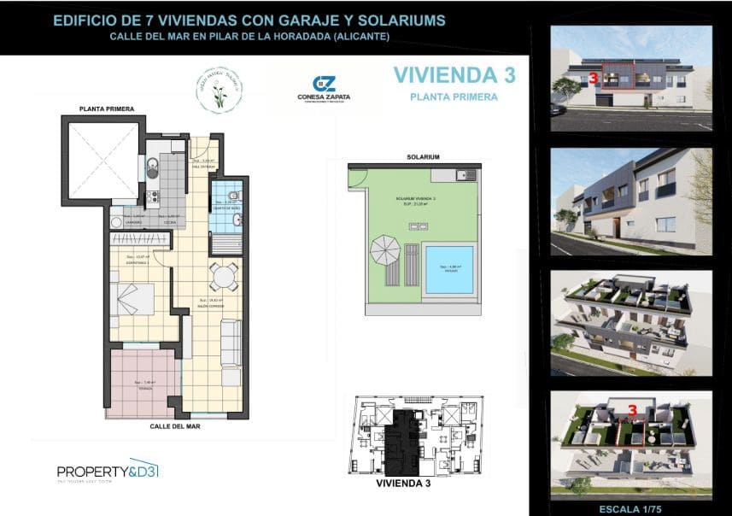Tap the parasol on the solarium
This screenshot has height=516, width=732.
[384, 250]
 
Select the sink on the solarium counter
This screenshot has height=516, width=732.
[461, 176]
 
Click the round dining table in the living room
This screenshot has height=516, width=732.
[224, 276]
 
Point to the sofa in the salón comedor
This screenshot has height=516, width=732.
[231, 351]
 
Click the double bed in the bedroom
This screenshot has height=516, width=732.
[132, 298]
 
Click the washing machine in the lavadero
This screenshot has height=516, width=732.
[116, 220]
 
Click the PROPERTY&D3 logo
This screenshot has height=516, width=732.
[108, 472]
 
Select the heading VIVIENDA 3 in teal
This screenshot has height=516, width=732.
[454, 75]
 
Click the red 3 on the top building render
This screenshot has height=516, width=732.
[593, 78]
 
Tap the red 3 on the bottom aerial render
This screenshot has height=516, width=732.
[633, 410]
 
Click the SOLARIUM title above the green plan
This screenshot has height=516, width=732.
[423, 157]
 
